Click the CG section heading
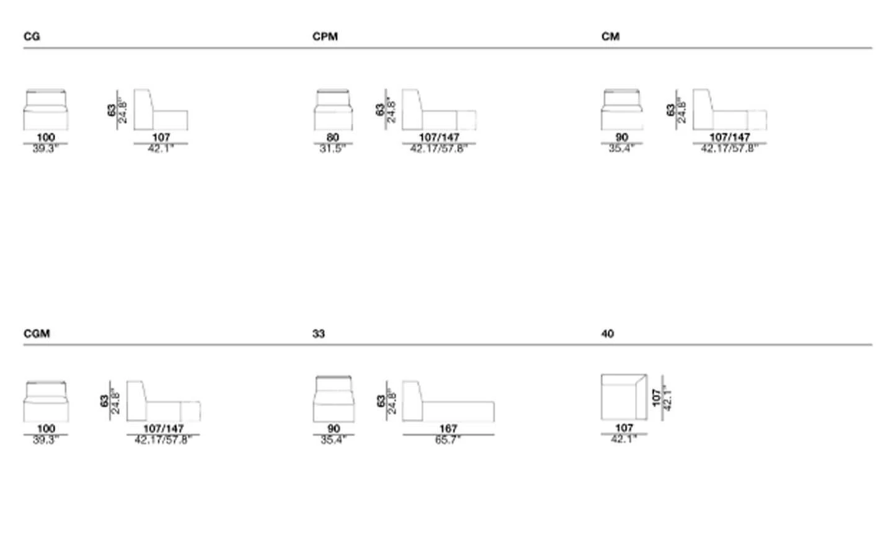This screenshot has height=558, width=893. pos(32,37)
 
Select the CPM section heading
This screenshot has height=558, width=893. pos(325,37)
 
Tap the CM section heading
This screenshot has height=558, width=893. pos(610,37)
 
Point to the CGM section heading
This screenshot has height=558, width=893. pos(37,334)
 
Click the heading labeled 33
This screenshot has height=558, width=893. pos(318,334)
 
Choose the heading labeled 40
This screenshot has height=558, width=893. pos(607,334)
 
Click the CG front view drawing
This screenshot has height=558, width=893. pos(46,110)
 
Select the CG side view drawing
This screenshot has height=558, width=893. pos(160,110)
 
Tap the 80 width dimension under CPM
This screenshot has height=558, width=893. pos(333,137)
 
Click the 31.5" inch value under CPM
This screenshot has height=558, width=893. pos(333,149)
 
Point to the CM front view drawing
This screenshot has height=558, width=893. pos(621,110)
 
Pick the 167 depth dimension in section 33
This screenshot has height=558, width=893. pos(448,428)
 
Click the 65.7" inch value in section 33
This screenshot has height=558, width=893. pos(448,440)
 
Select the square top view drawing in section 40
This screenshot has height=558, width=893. pos(624,397)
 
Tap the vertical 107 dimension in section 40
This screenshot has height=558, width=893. pos(657,397)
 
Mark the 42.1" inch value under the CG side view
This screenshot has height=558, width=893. pos(160,149)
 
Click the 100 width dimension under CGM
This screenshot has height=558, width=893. pos(46,428)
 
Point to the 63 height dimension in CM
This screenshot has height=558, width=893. pos(670,110)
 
